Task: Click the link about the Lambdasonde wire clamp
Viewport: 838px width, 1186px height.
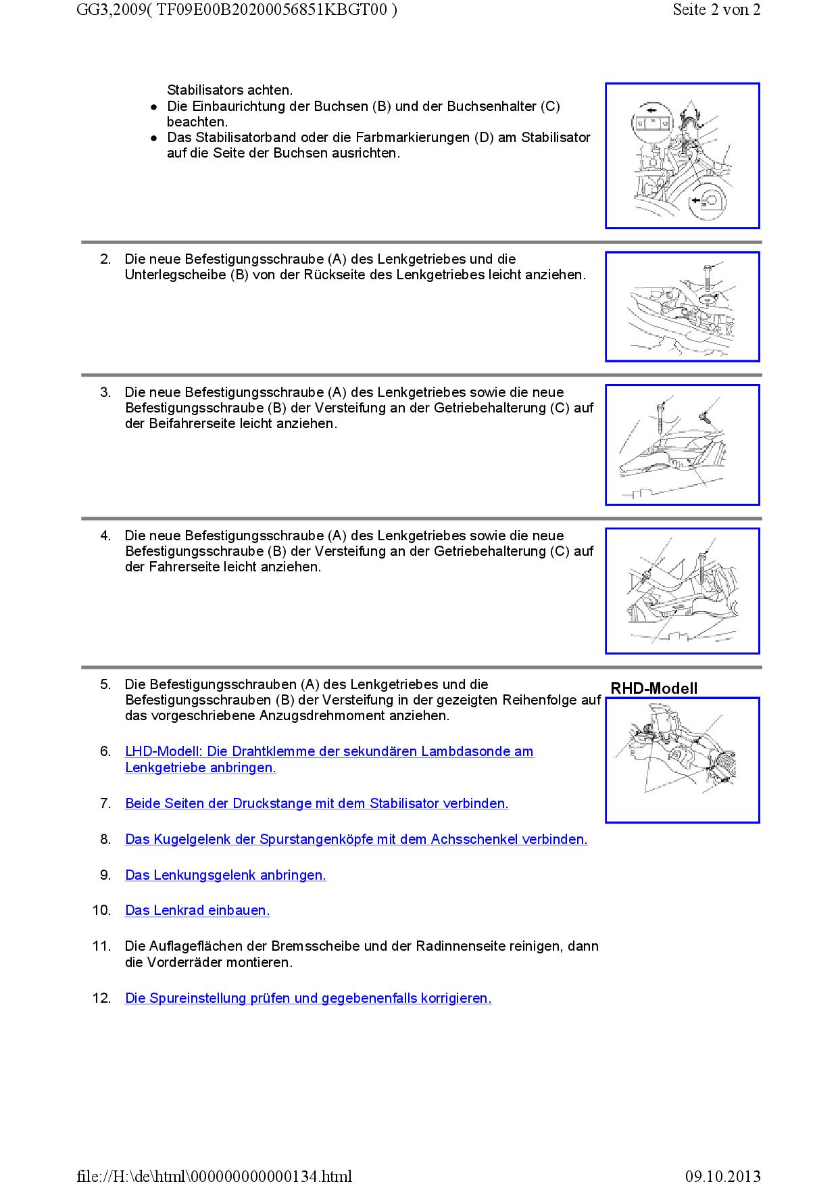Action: [x=329, y=752]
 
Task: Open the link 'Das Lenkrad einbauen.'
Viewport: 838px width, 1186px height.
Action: [x=197, y=911]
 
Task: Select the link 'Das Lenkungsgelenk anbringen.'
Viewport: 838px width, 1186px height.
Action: [x=226, y=876]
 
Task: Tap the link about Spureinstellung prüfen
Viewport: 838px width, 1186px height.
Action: [x=308, y=999]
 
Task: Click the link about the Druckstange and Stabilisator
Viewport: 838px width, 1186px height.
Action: [x=316, y=804]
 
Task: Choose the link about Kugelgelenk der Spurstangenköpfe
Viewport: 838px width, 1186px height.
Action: [x=356, y=840]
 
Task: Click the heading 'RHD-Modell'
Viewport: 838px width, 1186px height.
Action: [x=654, y=688]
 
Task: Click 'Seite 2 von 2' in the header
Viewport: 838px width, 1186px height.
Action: [x=716, y=10]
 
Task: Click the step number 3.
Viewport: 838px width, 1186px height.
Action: [x=105, y=393]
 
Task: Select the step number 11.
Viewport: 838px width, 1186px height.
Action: [x=101, y=947]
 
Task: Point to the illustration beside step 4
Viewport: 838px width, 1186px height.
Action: [x=682, y=591]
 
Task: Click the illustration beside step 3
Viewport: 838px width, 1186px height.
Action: [x=682, y=445]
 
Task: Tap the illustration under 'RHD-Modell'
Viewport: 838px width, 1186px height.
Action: [x=682, y=760]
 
